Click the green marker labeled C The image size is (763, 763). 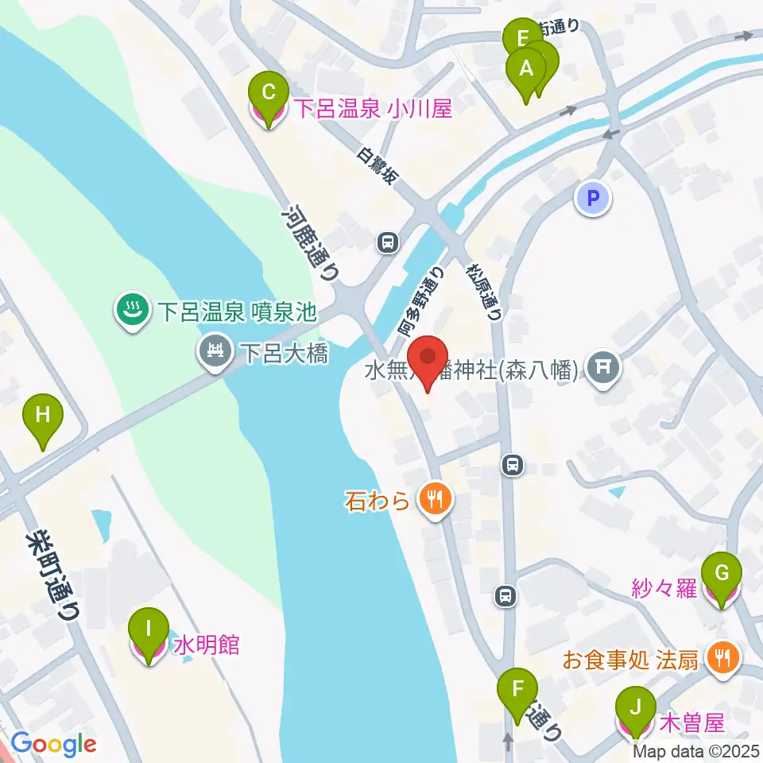269,92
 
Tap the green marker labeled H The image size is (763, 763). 42,414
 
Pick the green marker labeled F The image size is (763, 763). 518,688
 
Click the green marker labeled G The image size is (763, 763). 722,572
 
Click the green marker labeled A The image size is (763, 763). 525,68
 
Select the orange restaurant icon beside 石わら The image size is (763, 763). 434,499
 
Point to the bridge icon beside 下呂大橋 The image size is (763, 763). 215,351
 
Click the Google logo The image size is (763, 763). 54,745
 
